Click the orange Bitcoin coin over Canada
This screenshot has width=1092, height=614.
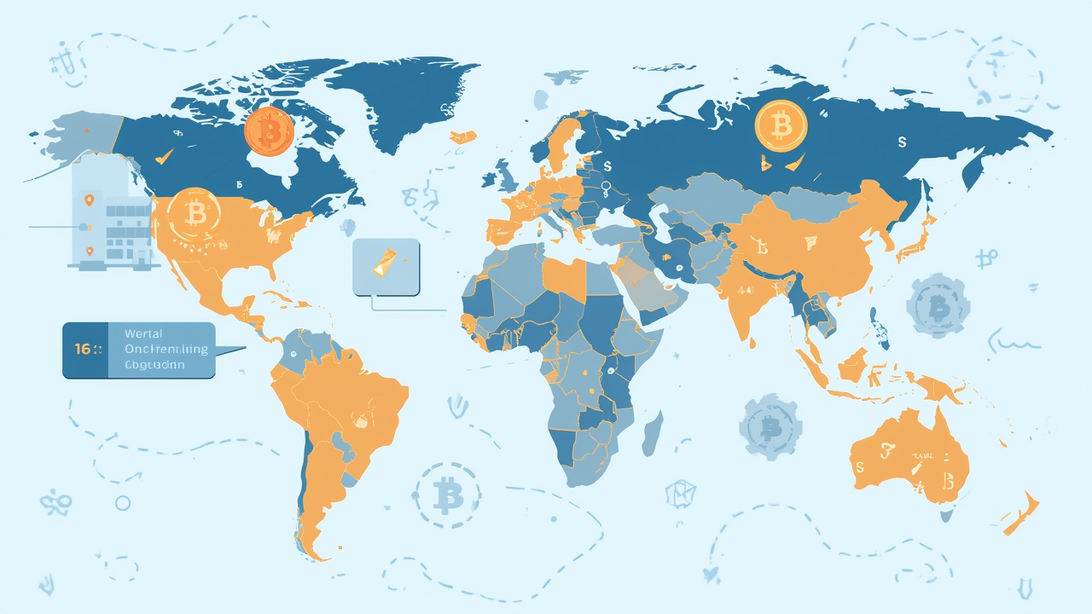point(269,132)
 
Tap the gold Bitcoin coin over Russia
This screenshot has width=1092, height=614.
point(780,125)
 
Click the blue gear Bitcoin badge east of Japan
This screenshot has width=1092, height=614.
point(938,305)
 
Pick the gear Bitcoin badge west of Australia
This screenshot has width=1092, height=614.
point(770,426)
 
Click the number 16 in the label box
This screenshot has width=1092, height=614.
point(84,350)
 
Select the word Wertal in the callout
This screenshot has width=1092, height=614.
point(142,334)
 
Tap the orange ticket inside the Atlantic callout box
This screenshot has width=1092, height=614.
point(385,263)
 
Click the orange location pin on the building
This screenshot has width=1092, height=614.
point(89,201)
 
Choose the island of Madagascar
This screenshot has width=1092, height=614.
point(652,432)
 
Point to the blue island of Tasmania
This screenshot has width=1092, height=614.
point(946,515)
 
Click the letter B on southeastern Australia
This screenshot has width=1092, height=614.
point(947,484)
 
